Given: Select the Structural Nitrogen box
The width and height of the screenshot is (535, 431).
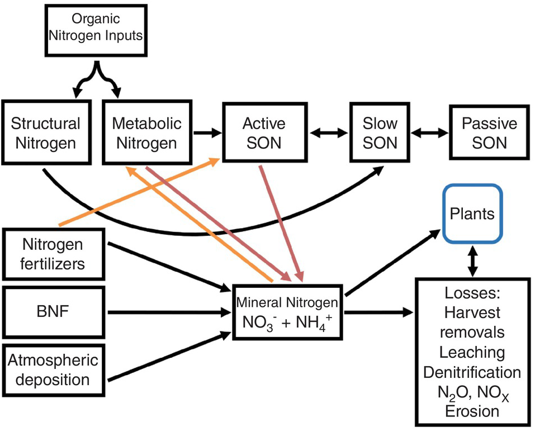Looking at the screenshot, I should point(45,132).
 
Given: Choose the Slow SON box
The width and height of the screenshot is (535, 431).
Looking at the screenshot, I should point(380,132).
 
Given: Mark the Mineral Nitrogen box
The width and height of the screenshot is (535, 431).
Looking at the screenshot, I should point(287,312).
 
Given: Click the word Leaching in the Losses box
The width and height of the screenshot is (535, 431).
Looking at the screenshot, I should point(472,352).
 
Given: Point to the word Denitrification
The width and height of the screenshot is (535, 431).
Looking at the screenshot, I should point(472,372).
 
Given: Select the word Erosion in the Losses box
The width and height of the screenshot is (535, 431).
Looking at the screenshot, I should point(472,411).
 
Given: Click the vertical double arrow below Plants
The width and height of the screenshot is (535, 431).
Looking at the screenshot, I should point(473,261).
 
